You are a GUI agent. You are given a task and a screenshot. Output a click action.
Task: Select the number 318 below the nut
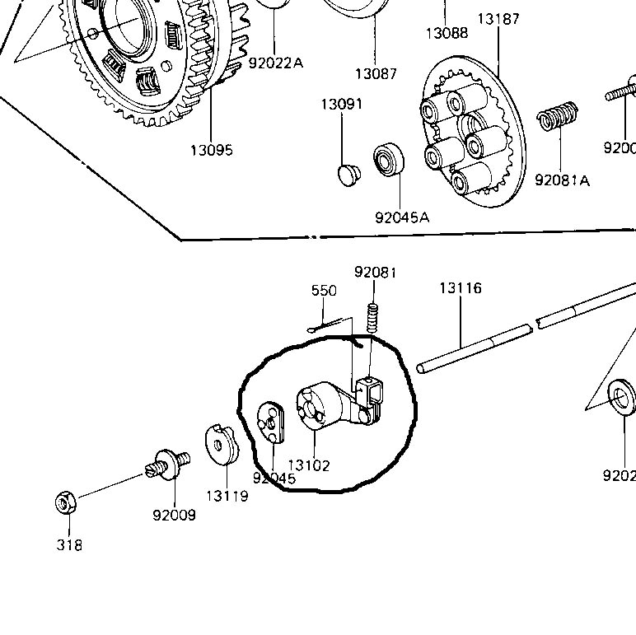coord(69,544)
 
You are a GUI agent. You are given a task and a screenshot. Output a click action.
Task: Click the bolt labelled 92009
coord(169,462)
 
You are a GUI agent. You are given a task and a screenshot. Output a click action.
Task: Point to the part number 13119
coord(227,496)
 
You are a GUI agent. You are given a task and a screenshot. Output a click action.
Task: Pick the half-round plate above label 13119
coord(220,445)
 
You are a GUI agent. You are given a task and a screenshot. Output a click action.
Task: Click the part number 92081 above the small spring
coord(375,272)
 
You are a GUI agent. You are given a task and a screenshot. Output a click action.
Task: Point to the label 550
coord(324,291)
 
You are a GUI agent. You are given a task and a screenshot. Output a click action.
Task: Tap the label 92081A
coord(562,180)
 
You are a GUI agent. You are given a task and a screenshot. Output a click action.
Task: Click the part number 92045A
coord(402,218)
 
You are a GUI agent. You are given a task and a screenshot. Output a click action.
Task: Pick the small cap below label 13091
coord(349,174)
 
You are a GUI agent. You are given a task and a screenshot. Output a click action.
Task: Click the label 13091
coord(342,105)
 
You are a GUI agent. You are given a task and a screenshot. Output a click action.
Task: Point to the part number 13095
coord(211,150)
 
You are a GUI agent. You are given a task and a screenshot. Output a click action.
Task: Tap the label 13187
coord(498,19)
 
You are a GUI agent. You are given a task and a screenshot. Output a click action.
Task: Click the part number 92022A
coord(276,62)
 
